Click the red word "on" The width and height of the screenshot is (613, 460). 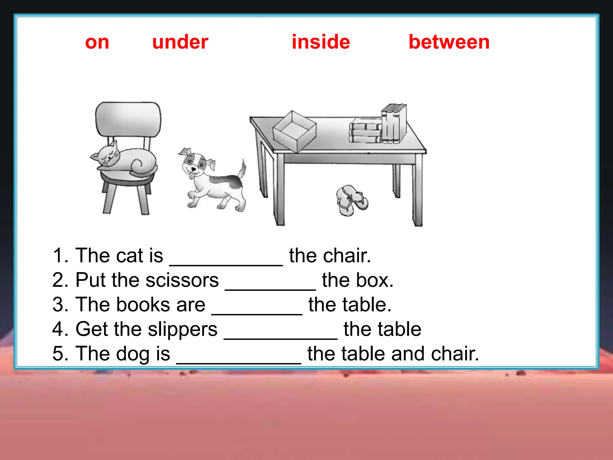[x=97, y=42]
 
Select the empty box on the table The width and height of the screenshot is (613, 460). [x=295, y=132]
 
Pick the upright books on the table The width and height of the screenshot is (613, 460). [x=394, y=123]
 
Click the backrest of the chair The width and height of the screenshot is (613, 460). [x=128, y=119]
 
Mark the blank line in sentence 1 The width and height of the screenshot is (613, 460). [x=226, y=264]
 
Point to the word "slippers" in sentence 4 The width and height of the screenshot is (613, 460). [x=182, y=329]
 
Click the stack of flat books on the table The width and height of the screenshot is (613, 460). [x=365, y=131]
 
